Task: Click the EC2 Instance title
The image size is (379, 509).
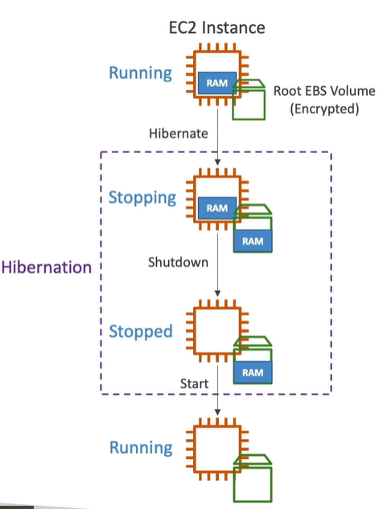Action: pyautogui.click(x=217, y=27)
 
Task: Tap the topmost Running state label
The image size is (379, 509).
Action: pyautogui.click(x=140, y=73)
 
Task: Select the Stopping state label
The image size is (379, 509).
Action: pyautogui.click(x=142, y=197)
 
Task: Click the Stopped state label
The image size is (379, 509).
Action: pyautogui.click(x=141, y=332)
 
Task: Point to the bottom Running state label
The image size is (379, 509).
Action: pyautogui.click(x=141, y=448)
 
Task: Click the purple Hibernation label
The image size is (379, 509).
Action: pyautogui.click(x=47, y=267)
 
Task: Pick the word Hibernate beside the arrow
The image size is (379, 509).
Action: pyautogui.click(x=179, y=134)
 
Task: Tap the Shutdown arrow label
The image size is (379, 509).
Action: pyautogui.click(x=178, y=263)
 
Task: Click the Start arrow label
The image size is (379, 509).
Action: pyautogui.click(x=194, y=383)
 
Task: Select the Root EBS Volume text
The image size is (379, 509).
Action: pyautogui.click(x=324, y=91)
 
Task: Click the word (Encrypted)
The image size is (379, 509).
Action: pyautogui.click(x=324, y=109)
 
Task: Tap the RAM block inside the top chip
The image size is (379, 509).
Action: pyautogui.click(x=217, y=83)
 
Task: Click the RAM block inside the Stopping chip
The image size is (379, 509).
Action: pyautogui.click(x=217, y=208)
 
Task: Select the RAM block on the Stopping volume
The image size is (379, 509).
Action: pyautogui.click(x=253, y=241)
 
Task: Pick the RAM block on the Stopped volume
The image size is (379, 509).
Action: pyautogui.click(x=253, y=372)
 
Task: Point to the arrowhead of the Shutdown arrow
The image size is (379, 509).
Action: pyautogui.click(x=217, y=293)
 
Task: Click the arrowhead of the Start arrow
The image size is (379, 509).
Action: pyautogui.click(x=217, y=412)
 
